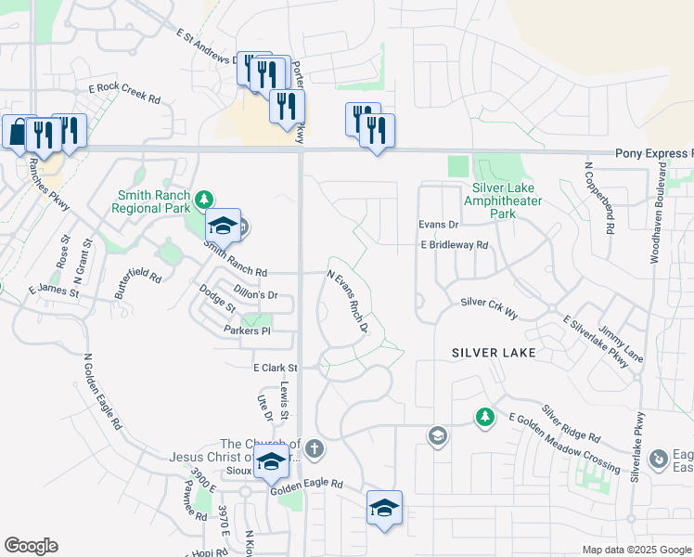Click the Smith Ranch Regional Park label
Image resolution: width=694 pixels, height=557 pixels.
pos(154,202)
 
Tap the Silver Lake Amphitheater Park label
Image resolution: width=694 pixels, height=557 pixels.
pos(502,201)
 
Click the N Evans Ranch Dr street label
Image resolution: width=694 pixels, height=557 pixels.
pos(348,302)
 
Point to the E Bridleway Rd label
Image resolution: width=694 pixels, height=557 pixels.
pos(454,245)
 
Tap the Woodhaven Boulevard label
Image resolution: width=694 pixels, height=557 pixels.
pos(660,213)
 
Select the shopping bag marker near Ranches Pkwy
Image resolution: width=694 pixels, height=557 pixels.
pos(19,133)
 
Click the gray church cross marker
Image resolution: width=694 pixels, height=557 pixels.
pos(315,450)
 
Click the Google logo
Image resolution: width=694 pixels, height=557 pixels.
pos(31,546)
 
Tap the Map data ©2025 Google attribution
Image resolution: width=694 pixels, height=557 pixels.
pos(636,550)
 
